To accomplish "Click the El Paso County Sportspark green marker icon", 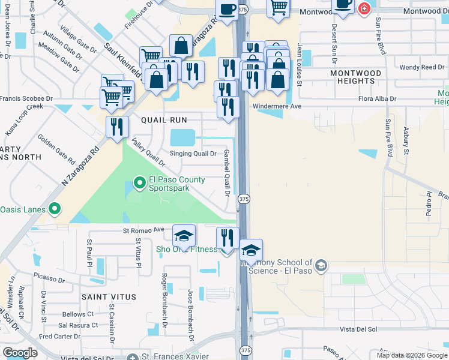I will coord(139,181).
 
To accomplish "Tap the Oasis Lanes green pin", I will coord(55,209).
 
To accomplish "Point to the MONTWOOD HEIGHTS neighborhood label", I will coord(356,77).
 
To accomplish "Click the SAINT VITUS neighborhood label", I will coord(110,297).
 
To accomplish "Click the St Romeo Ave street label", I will coord(143,230).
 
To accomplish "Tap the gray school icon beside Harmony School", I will coord(321,265).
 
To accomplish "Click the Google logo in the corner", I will coord(20,353).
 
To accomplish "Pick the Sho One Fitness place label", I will coord(187,250).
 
